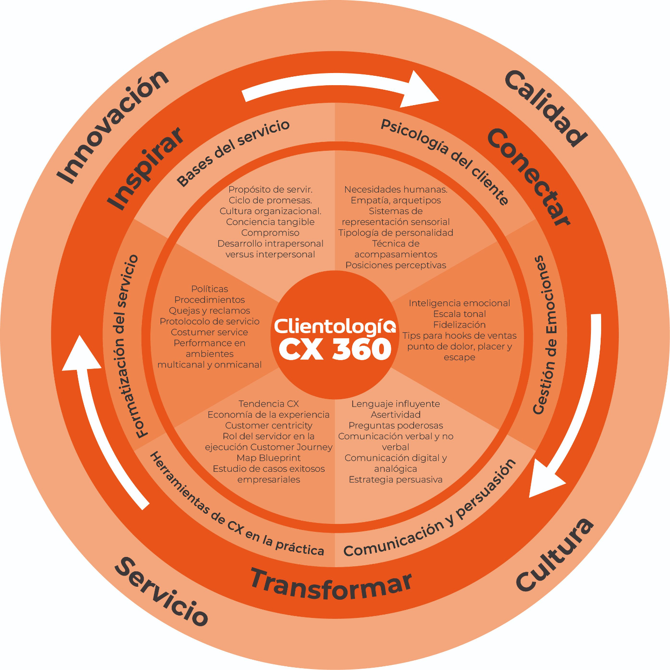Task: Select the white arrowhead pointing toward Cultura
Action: point(547,479)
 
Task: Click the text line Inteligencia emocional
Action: point(459,303)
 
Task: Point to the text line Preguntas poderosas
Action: point(395,425)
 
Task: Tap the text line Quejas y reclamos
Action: point(209,311)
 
